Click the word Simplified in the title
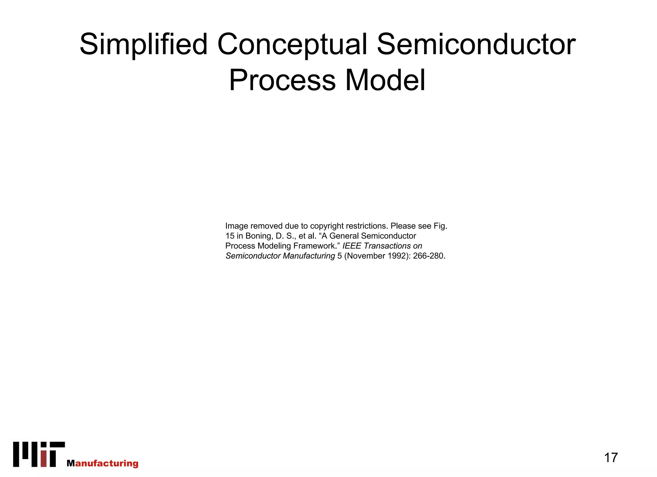click(143, 45)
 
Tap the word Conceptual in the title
click(292, 45)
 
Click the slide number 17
click(610, 457)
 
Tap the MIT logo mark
click(39, 454)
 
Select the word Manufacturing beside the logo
click(103, 463)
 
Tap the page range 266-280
click(429, 256)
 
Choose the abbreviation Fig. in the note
click(440, 226)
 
